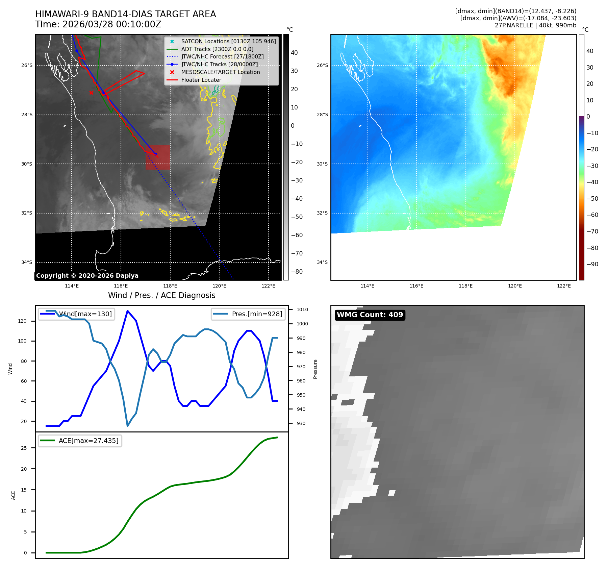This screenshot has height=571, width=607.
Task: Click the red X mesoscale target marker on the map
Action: point(91,93)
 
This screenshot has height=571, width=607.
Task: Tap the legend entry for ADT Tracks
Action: point(217,49)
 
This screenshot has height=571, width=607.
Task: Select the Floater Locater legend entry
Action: point(201,80)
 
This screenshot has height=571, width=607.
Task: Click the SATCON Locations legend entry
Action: point(228,41)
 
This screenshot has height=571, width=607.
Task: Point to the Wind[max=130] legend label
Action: point(85,314)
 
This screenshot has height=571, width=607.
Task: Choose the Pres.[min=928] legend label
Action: point(257,314)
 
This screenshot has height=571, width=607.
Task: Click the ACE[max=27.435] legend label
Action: point(88,441)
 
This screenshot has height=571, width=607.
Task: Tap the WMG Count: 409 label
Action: point(370,315)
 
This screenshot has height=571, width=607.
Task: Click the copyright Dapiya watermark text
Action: point(87,276)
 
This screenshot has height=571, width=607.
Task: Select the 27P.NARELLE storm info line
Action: point(535,25)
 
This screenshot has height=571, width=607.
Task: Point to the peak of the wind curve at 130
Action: point(127,311)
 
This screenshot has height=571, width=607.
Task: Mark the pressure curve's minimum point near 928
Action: point(128,426)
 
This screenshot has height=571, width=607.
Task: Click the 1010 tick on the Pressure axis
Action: point(302,309)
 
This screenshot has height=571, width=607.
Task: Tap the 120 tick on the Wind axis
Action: point(22,321)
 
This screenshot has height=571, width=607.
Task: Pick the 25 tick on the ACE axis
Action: point(24,448)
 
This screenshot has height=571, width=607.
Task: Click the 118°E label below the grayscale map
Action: point(170,286)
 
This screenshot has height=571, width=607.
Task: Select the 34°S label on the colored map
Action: point(322,262)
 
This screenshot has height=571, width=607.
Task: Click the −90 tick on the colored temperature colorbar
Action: point(592,264)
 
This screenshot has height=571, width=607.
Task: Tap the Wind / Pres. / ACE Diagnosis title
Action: point(161,295)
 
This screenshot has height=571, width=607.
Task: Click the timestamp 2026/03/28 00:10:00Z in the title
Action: point(112,24)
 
